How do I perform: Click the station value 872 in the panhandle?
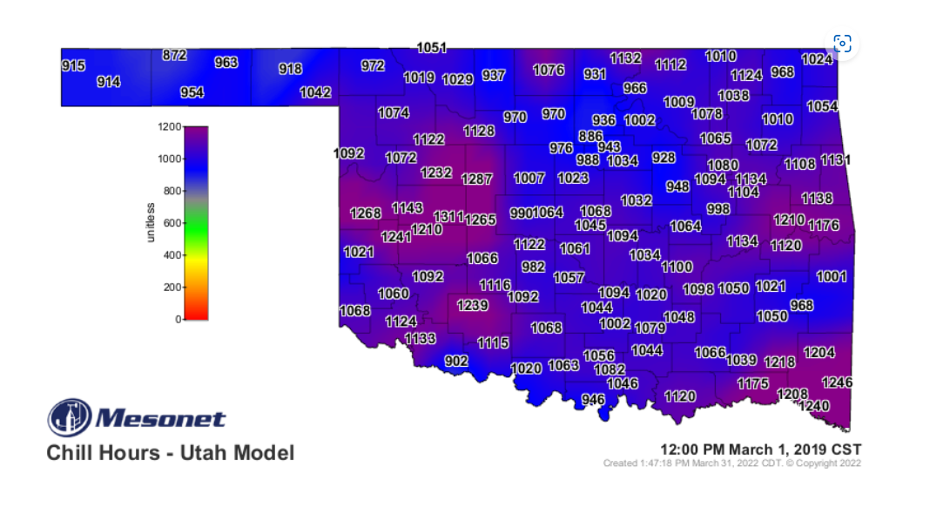174,55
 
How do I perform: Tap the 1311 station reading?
448,216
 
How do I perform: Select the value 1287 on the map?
476,179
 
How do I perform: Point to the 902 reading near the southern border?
456,361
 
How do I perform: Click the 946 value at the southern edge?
593,400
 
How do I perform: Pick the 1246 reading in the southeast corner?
837,382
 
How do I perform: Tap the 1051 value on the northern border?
432,48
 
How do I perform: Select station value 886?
590,136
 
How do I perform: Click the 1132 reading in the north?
625,58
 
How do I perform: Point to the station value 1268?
366,213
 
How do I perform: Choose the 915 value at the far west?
73,65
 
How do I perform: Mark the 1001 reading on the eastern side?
831,276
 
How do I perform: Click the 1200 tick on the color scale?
169,127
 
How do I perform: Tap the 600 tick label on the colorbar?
172,223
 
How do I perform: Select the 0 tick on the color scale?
178,319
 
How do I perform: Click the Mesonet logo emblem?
69,418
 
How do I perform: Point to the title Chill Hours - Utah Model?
170,453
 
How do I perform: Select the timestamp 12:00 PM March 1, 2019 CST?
760,449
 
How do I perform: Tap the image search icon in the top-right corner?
842,44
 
